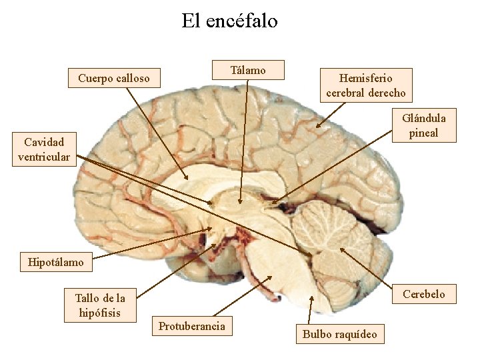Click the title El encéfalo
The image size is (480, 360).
pos(229,21)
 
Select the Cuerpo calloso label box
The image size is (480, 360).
pos(113,79)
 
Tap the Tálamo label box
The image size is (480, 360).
pos(248,70)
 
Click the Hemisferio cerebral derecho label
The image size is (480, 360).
pos(365,85)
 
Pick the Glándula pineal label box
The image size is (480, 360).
pos(423,125)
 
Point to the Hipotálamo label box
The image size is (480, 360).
pos(56,262)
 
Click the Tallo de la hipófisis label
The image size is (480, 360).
pos(99,305)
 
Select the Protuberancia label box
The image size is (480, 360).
pos(192,326)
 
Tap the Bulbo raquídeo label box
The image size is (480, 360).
pos(339,334)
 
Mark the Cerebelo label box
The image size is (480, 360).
pos(423,294)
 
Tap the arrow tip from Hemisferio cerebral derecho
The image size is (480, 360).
pos(317,127)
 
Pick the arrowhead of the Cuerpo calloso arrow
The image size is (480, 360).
pos(189,179)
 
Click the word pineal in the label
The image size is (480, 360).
pos(423,133)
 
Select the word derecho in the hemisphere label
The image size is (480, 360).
pos(385,93)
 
